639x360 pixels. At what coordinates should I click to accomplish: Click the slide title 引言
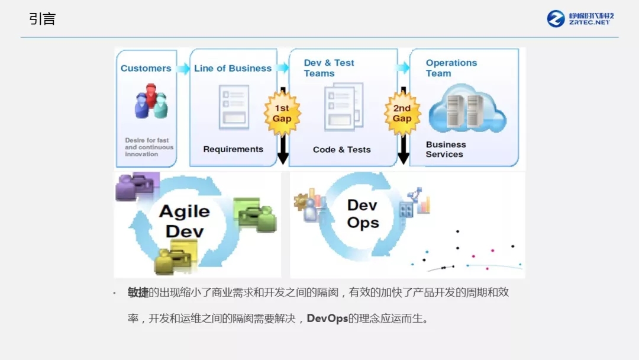coord(43,19)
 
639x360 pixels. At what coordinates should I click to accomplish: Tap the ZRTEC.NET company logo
coord(580,18)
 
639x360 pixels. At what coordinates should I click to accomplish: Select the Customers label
coord(146,68)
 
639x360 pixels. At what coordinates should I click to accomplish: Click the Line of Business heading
coord(233,68)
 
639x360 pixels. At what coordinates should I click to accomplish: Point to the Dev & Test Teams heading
coord(328,68)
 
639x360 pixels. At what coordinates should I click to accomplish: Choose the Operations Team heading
coord(451,68)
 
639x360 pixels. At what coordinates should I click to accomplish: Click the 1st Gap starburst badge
coord(282,113)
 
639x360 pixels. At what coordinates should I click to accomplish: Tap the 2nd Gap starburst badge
coord(402,113)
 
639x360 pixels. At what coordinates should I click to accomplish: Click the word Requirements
coord(233,149)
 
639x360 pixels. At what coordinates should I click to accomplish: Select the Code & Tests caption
coord(341,150)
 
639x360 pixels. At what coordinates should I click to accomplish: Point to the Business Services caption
coord(445,149)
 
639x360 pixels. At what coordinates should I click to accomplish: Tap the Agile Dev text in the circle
coord(185,221)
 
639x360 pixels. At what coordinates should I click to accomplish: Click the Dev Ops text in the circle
coord(363,214)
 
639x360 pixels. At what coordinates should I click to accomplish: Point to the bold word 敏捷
coord(138,292)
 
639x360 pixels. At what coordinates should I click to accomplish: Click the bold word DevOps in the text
coord(327,319)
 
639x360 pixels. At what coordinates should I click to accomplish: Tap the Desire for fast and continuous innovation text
coord(149,147)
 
